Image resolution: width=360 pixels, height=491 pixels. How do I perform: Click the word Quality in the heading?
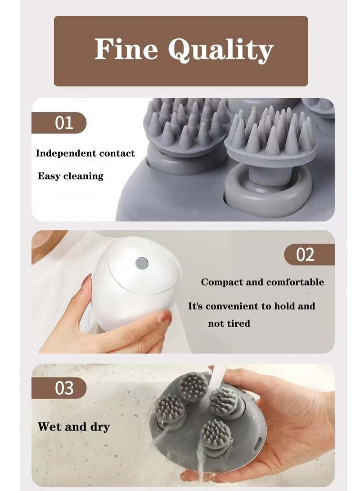(x=220, y=50)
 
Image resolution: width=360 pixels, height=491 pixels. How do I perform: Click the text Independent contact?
(x=85, y=153)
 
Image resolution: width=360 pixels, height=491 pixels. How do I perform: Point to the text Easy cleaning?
(x=70, y=176)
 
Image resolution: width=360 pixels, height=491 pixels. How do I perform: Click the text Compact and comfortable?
(x=262, y=283)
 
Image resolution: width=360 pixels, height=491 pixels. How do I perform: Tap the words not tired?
(x=229, y=324)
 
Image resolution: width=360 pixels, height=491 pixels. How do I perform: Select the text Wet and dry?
(x=73, y=427)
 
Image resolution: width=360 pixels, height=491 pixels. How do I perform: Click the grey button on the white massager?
(x=142, y=261)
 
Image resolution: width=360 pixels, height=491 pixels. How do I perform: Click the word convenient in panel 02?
(x=244, y=306)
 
